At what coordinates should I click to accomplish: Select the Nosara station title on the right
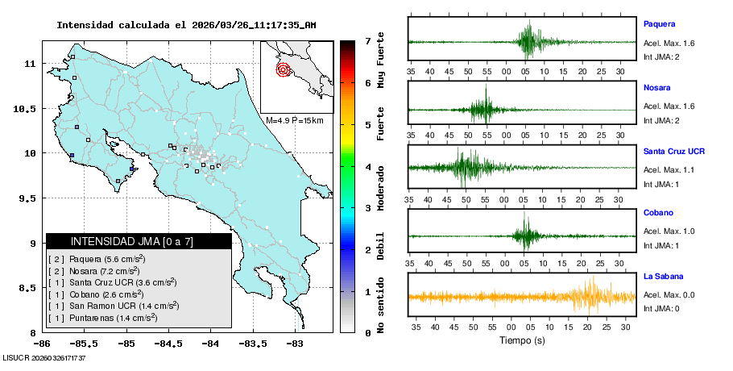[656, 87]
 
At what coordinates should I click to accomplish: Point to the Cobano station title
[657, 214]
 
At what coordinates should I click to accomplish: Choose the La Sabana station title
[662, 277]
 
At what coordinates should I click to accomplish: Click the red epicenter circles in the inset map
[283, 70]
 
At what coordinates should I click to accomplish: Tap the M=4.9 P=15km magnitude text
[294, 121]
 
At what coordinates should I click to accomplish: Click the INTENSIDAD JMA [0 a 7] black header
[139, 241]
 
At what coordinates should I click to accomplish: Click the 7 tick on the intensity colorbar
[367, 40]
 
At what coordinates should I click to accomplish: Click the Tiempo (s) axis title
[522, 340]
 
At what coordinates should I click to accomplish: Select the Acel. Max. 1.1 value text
[669, 169]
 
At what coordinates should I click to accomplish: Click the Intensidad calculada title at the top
[186, 25]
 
